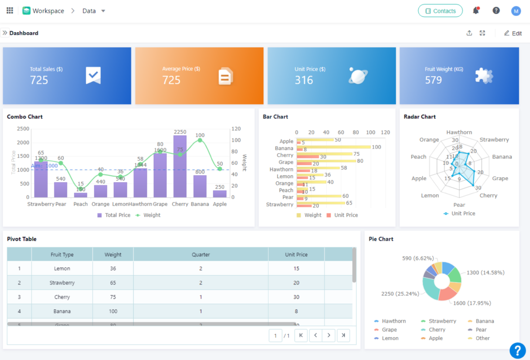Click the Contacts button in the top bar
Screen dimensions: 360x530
point(440,11)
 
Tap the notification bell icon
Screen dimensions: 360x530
point(476,11)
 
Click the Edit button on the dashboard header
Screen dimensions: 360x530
point(512,33)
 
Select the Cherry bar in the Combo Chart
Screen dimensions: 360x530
point(180,166)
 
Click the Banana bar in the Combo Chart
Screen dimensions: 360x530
point(200,186)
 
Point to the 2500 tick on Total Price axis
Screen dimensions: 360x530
point(23,128)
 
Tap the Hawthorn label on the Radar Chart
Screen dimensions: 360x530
point(459,132)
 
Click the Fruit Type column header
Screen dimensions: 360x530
point(62,254)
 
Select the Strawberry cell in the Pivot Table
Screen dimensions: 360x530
point(62,283)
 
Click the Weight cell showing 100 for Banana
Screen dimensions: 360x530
point(113,311)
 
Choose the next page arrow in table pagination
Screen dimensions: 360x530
point(329,336)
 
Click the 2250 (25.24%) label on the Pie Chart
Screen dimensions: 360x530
point(400,294)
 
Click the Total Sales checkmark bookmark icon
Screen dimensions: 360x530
point(93,75)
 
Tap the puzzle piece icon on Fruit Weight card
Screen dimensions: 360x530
point(484,76)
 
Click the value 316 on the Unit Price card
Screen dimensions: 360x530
point(304,80)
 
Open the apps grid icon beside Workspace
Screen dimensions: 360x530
point(10,11)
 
